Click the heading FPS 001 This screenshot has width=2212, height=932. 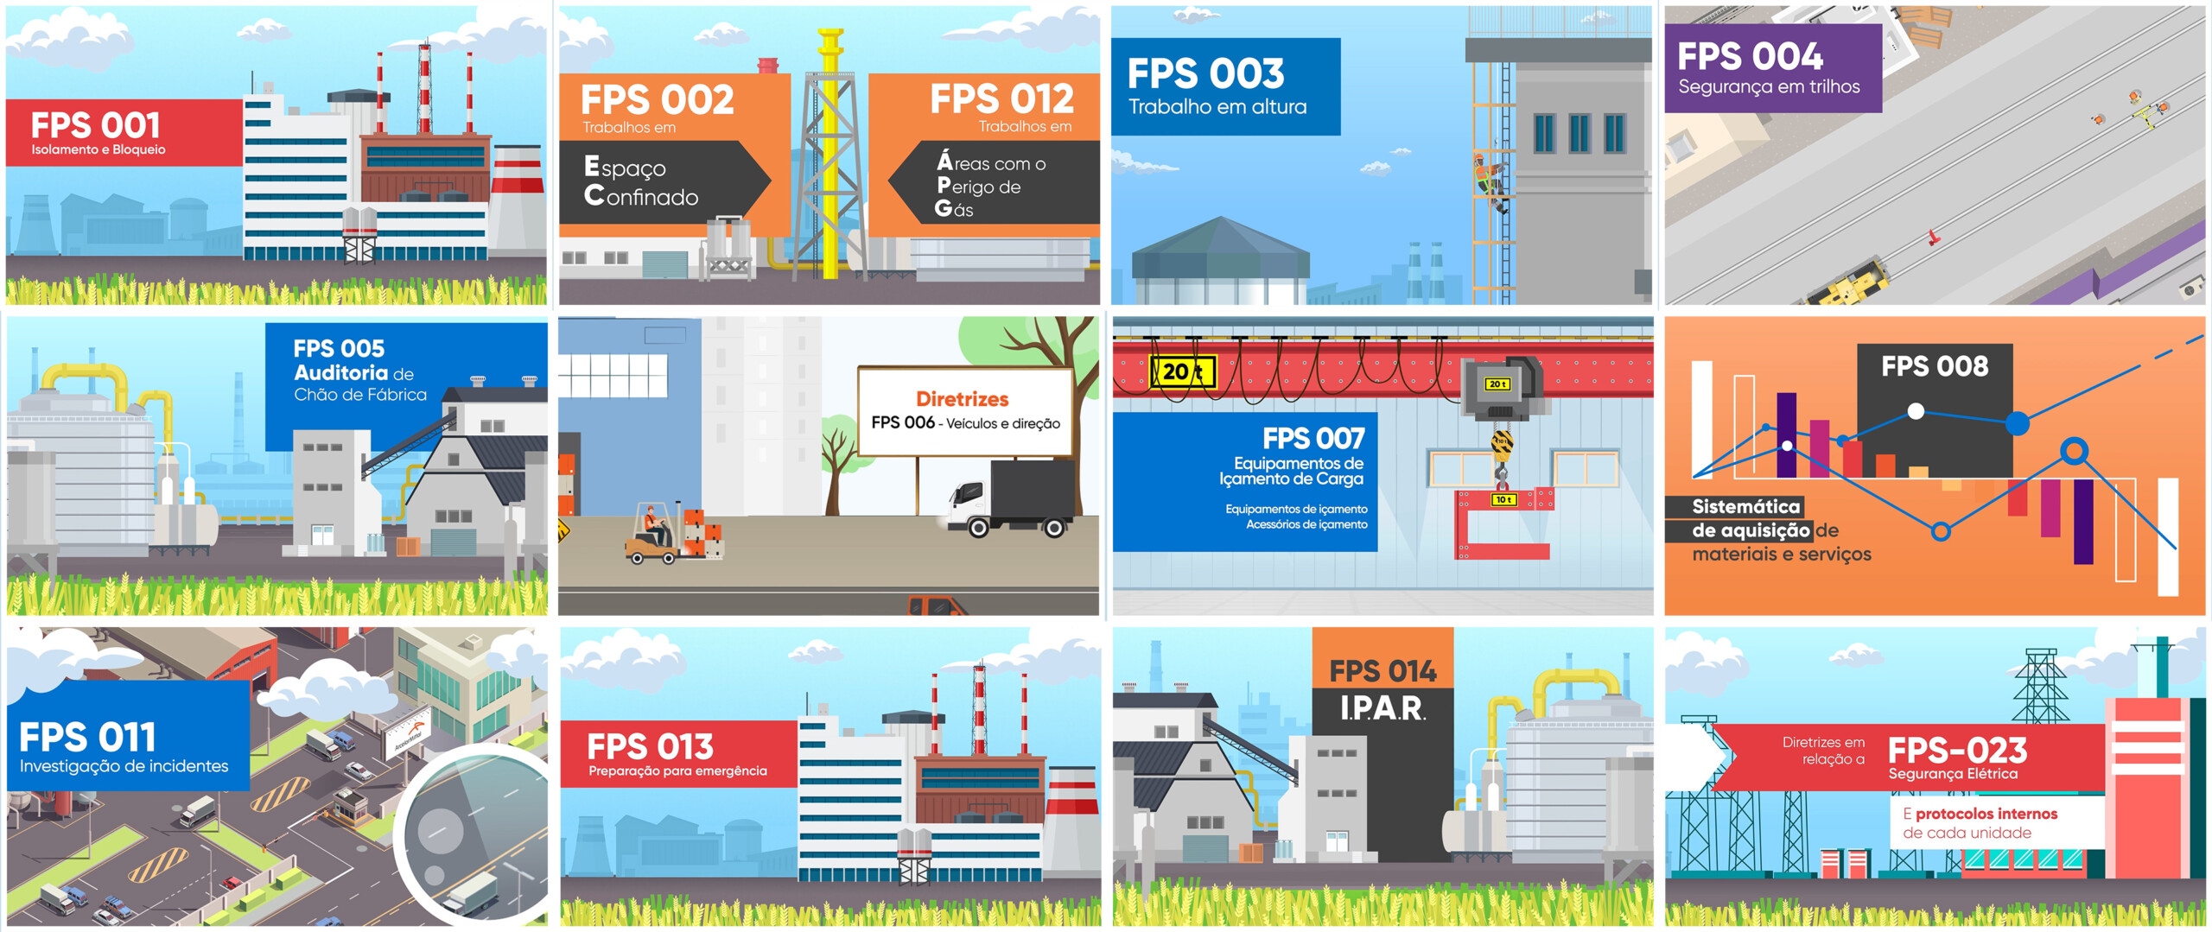pos(96,126)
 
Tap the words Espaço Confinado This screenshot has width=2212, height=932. pos(640,182)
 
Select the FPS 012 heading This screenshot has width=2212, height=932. pos(1001,99)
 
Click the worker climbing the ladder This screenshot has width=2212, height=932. pos(1488,180)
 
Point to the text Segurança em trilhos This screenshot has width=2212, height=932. pos(1769,87)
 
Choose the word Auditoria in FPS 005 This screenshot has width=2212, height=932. pos(341,373)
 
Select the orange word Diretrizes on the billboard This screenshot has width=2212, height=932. pos(962,399)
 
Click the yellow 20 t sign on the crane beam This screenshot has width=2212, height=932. pos(1183,372)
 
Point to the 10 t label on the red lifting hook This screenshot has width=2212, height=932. pos(1503,500)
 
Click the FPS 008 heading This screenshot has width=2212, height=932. pos(1935,367)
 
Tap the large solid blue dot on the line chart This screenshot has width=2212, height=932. pos(2017,423)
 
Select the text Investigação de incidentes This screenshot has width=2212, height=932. pos(124,766)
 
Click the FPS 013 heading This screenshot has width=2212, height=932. pos(650,746)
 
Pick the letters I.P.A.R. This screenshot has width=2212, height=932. pos(1382,709)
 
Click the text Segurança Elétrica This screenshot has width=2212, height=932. pos(1953,774)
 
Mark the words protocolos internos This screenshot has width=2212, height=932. pos(1986,814)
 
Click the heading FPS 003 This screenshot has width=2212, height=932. pos(1205,74)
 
